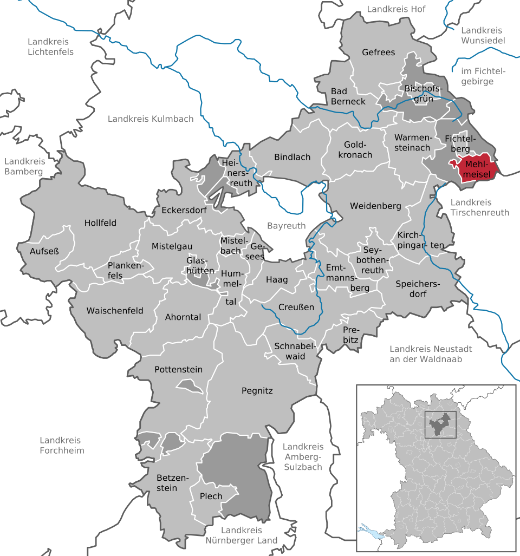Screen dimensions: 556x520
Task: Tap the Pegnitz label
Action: (257, 390)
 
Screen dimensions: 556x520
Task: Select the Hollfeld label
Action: (100, 223)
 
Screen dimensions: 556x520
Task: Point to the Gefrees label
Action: (379, 53)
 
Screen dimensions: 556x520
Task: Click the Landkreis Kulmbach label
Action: (142, 119)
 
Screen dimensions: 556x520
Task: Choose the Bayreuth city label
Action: (286, 225)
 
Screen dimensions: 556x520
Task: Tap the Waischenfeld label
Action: (115, 311)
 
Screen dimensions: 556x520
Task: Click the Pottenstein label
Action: (178, 370)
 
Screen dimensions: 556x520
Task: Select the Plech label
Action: (211, 496)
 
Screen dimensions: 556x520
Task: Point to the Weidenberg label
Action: (375, 206)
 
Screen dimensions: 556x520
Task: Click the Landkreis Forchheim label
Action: (62, 445)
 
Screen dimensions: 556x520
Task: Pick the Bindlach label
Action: (292, 157)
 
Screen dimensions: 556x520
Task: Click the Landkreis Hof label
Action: (396, 9)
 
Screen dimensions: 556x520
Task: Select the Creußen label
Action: (296, 307)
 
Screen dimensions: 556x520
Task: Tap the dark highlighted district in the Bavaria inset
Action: (440, 426)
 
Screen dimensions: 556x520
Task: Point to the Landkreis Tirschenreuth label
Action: (479, 207)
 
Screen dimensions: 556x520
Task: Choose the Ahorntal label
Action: (183, 317)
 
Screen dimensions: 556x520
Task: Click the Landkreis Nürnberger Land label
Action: (242, 535)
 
